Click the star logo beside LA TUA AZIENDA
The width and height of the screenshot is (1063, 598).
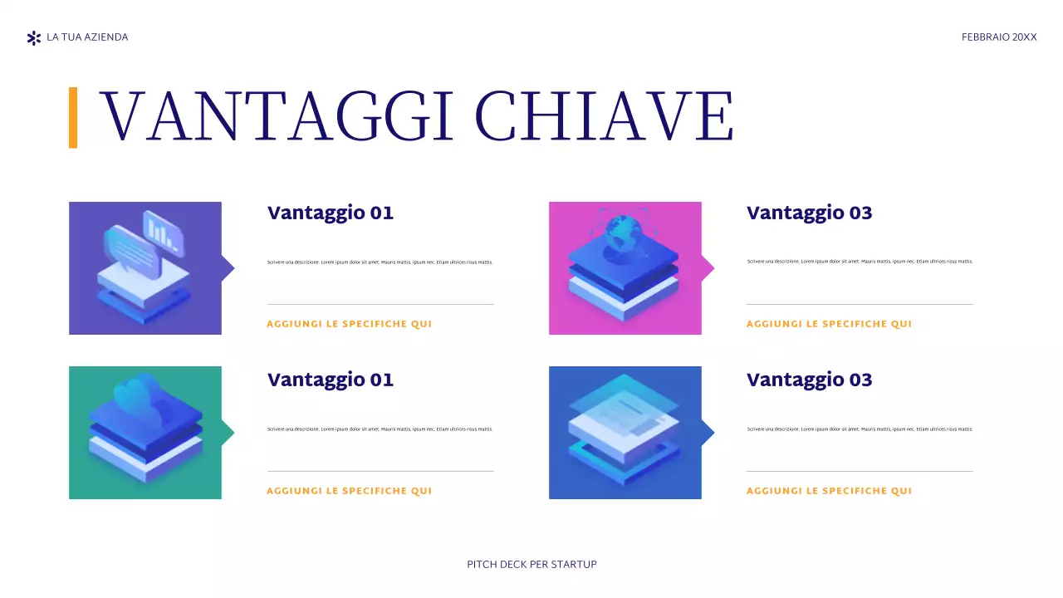coord(33,37)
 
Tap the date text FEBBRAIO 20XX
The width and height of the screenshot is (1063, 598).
coord(999,37)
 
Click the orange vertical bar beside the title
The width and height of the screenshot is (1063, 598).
coord(73,117)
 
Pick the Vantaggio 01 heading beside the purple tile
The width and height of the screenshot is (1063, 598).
coord(331,213)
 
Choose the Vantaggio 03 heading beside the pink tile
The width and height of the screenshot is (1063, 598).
coord(810,213)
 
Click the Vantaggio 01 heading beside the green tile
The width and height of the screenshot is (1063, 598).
coord(331,380)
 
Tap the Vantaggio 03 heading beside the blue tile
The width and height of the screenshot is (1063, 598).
coord(810,380)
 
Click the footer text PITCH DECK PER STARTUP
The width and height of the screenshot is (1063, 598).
coord(531,565)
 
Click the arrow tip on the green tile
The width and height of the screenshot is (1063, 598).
coord(229,432)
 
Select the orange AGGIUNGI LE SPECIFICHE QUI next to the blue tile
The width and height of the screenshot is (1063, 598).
coord(829,491)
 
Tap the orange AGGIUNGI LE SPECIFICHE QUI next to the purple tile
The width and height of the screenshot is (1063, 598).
coord(349,324)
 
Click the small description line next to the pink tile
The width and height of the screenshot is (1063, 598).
coord(860,262)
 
